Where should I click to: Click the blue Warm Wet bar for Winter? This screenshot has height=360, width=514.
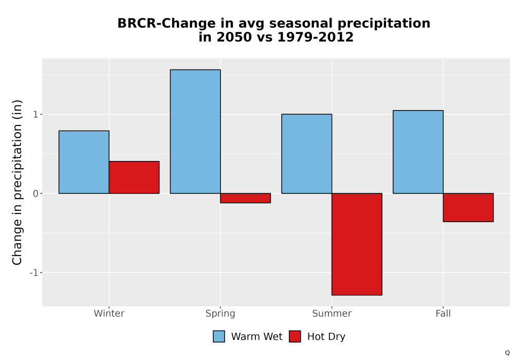[84, 162]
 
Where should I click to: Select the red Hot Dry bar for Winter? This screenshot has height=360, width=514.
[134, 177]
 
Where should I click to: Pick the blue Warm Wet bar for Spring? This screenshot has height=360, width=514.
[195, 132]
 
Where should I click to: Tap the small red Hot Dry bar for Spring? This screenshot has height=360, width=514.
[246, 198]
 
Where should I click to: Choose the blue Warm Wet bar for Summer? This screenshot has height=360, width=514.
[307, 154]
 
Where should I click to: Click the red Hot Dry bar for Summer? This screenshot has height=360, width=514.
[357, 244]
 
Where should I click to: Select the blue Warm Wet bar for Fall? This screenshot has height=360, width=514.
[418, 152]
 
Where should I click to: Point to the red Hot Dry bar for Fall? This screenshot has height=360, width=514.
[468, 208]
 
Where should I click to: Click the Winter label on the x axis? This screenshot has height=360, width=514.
[109, 313]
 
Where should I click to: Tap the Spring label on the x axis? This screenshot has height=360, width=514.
[221, 314]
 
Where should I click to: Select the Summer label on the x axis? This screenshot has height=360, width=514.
[332, 313]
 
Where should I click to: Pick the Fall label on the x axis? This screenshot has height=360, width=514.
[443, 313]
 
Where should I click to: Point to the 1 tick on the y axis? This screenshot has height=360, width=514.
[36, 114]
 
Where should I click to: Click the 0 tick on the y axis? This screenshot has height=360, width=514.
[36, 193]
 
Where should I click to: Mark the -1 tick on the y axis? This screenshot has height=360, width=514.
[34, 273]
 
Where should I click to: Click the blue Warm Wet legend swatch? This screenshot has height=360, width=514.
[219, 336]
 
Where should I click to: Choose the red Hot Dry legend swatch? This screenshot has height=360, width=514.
[295, 336]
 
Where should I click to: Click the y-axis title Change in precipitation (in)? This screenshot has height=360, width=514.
[17, 182]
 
